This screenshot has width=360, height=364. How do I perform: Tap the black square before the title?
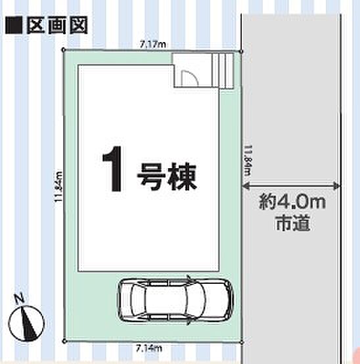click(x=13, y=26)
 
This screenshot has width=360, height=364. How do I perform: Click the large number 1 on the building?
click(x=113, y=170)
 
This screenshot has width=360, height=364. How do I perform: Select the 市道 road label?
click(x=292, y=223)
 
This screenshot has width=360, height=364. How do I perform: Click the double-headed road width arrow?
click(x=292, y=185)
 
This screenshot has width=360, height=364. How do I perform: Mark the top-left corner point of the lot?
click(x=64, y=51)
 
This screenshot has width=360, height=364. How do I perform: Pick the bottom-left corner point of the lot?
click(x=64, y=342)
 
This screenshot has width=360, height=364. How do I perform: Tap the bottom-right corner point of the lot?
click(x=242, y=342)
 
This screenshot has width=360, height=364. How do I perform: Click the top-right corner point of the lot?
click(x=241, y=51)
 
